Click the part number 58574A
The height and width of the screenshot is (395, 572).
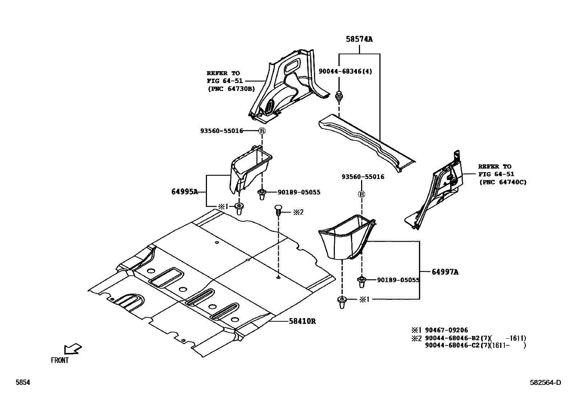click(x=359, y=39)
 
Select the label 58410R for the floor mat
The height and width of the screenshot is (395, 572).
click(x=302, y=321)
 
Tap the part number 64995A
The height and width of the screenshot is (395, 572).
click(x=185, y=192)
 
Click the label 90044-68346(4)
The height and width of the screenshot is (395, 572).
click(x=345, y=71)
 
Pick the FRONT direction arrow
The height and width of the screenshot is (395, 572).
click(x=72, y=349)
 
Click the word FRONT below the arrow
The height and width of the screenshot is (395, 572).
click(x=60, y=360)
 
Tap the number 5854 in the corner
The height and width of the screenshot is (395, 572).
click(x=23, y=383)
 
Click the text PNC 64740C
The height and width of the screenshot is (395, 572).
click(x=503, y=182)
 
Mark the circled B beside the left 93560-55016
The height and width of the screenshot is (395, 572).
click(x=262, y=131)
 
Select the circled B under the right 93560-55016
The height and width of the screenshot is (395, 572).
click(x=361, y=194)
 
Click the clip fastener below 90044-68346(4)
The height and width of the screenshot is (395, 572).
click(x=338, y=96)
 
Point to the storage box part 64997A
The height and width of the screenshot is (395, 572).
click(x=343, y=237)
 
